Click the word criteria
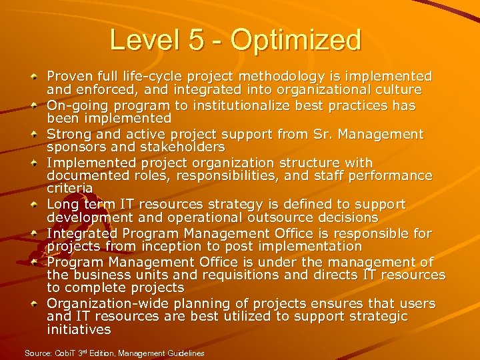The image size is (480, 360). tap(70, 189)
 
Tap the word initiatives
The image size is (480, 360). tap(79, 329)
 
